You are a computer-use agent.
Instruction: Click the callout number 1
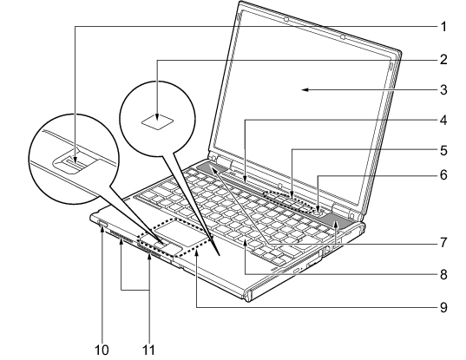tap(443, 27)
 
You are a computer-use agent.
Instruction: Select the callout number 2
tap(443, 60)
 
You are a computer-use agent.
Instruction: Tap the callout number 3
tap(443, 89)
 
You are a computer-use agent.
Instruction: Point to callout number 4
tap(443, 121)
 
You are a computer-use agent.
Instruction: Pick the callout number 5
tap(443, 150)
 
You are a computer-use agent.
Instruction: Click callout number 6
tap(443, 175)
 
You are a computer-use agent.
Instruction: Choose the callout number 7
tap(443, 242)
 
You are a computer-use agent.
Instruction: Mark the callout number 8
tap(443, 274)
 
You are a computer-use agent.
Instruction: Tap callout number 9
tap(443, 307)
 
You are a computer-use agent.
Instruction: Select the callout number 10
tap(102, 350)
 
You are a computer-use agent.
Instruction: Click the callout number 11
tap(148, 350)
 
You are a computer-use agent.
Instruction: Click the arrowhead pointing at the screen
tap(305, 89)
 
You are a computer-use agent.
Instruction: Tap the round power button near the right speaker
tap(318, 212)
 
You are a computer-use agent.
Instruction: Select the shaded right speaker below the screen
tap(335, 221)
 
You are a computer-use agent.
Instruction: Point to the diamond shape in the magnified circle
tap(158, 121)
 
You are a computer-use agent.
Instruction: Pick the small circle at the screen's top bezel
tap(343, 37)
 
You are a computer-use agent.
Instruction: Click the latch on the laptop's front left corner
tap(102, 223)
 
